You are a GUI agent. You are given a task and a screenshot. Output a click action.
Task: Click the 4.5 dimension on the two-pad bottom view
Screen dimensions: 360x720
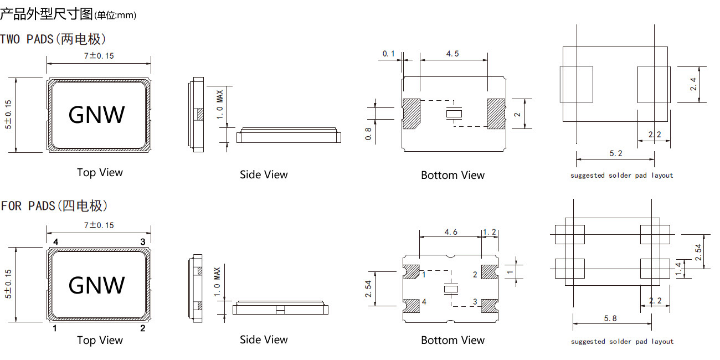pos(452,54)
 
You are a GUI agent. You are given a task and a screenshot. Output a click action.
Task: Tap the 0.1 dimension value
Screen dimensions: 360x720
pos(389,54)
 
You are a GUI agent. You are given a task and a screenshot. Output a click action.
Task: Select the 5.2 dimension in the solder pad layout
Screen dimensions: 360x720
pos(615,153)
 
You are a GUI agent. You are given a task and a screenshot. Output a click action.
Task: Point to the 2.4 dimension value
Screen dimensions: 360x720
pos(693,85)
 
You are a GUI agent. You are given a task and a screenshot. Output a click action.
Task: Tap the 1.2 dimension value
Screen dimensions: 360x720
pos(490,232)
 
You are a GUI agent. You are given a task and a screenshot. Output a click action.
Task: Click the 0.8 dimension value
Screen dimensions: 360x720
pos(368,133)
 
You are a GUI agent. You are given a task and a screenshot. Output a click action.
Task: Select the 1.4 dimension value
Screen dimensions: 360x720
pos(680,270)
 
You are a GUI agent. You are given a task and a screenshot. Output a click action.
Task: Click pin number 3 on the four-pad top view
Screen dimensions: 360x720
pos(143,241)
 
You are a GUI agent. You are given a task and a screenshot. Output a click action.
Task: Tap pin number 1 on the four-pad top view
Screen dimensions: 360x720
pos(55,328)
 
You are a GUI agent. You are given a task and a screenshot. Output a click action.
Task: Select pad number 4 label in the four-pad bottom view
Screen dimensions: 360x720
pos(424,302)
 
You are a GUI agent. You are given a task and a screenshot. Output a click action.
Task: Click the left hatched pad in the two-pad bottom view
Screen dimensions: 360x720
pos(412,114)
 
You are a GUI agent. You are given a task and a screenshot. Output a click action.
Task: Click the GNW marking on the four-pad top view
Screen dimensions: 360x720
pos(97,285)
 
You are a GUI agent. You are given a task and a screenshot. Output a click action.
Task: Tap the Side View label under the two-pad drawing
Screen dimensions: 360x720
pos(264,175)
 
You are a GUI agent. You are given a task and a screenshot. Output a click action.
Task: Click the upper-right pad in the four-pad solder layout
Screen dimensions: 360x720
pos(651,234)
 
